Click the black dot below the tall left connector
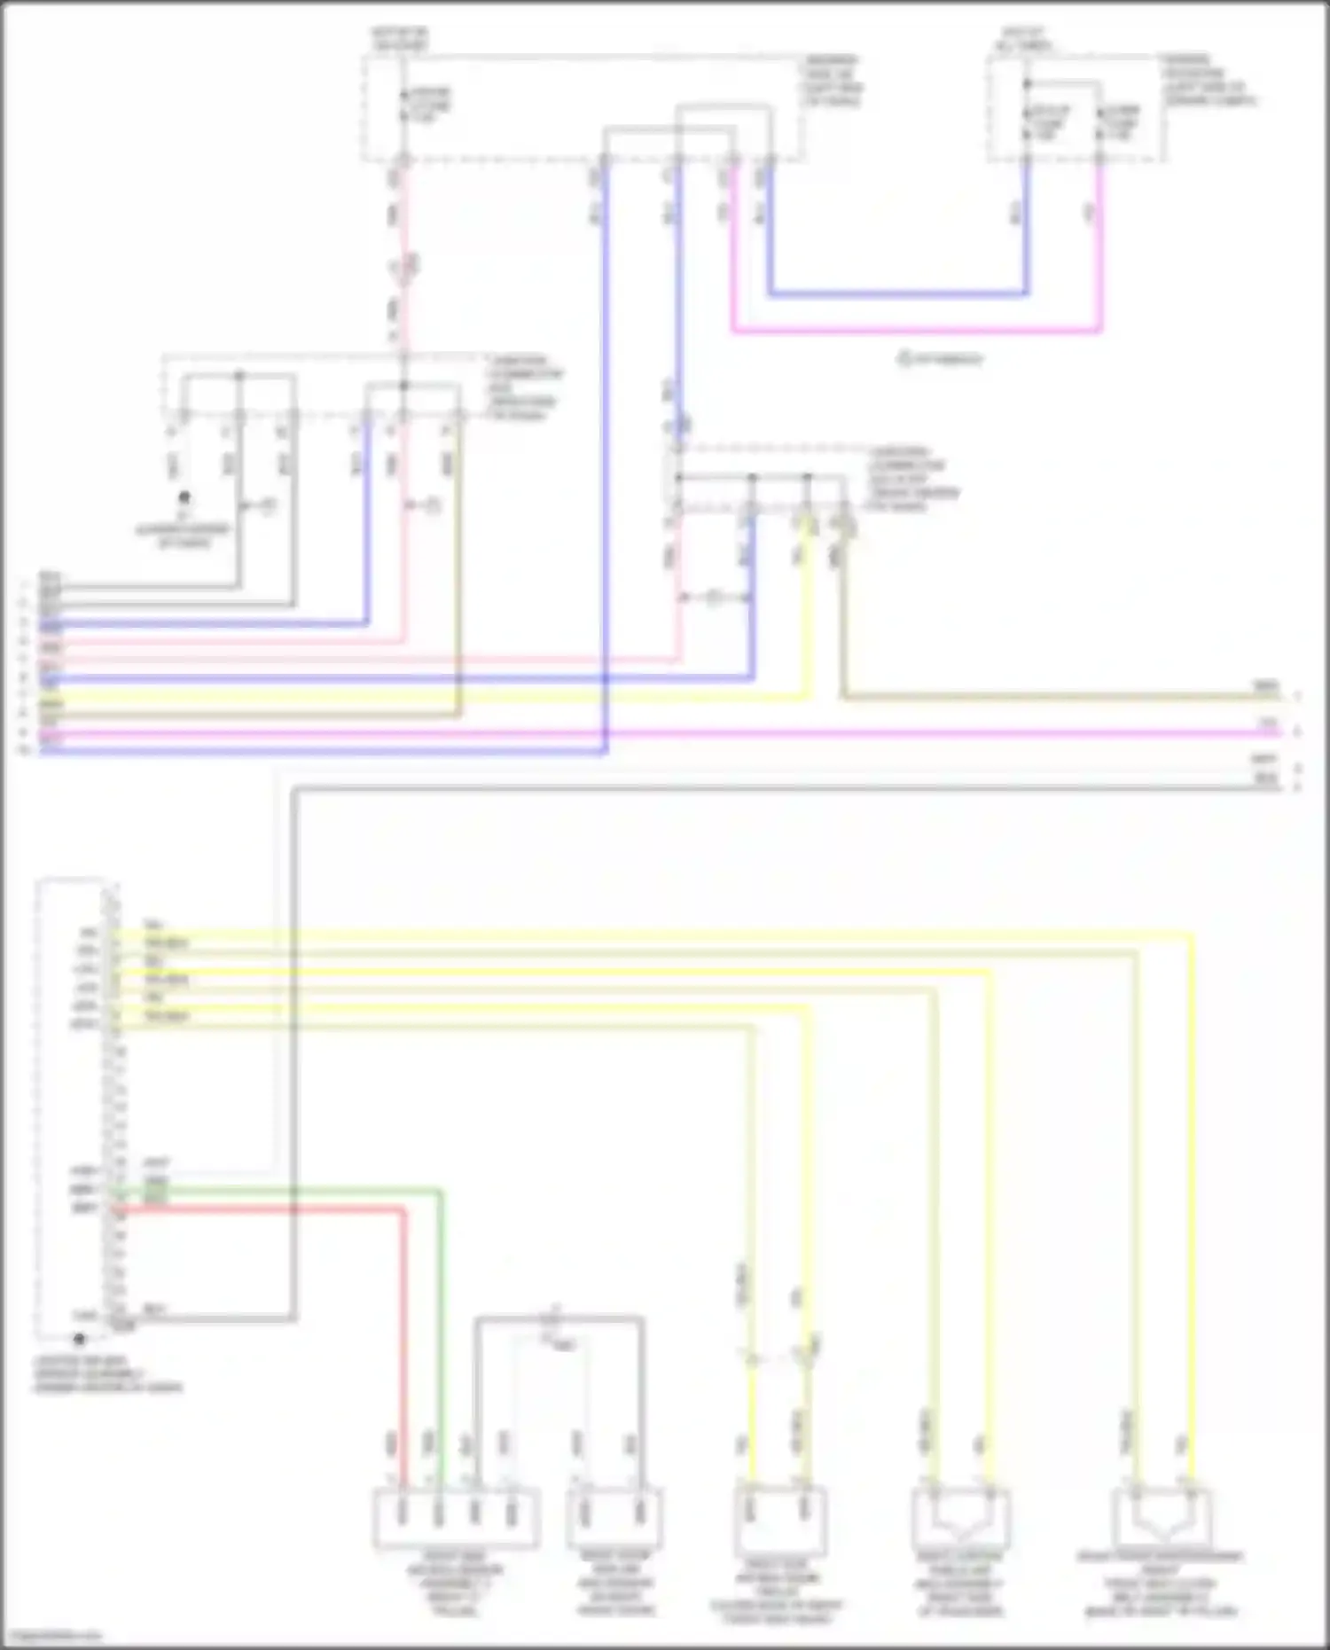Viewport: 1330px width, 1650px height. click(x=80, y=1340)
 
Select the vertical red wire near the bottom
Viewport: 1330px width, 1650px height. click(x=403, y=1330)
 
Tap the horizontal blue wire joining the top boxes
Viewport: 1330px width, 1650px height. click(x=896, y=293)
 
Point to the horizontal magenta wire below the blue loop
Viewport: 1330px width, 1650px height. click(x=913, y=332)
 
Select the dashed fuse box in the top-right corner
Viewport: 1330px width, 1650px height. click(x=1076, y=108)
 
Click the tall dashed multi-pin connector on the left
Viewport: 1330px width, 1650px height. click(x=75, y=1108)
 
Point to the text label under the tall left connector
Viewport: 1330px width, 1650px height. click(x=106, y=1373)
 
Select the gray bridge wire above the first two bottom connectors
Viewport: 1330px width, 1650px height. click(x=559, y=1319)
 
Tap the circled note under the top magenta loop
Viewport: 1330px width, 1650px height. click(x=940, y=360)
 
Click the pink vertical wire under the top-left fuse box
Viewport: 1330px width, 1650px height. click(x=404, y=248)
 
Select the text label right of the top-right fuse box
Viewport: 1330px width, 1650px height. click(x=1209, y=81)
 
